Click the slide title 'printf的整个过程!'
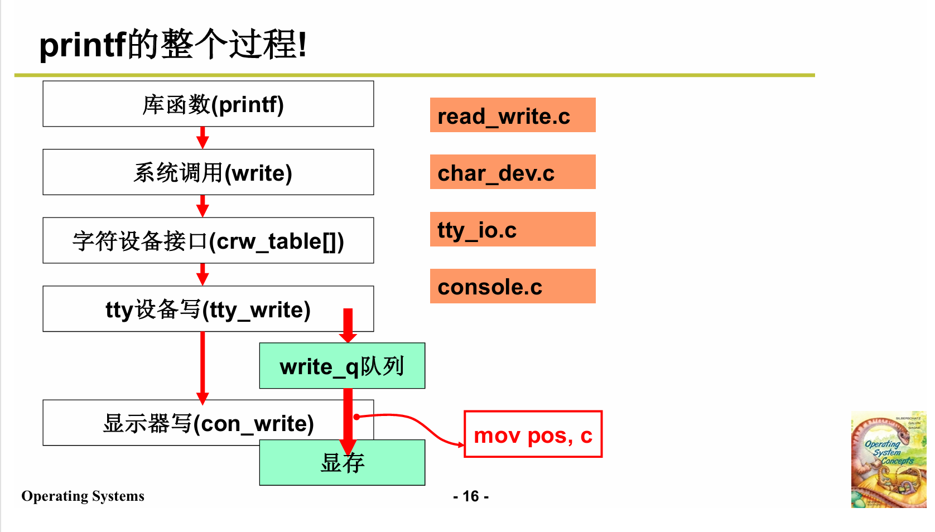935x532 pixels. (173, 45)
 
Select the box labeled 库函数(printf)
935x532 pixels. (208, 104)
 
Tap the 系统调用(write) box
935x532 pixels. (208, 172)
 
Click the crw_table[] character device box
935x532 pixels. (208, 241)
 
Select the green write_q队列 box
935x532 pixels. (342, 366)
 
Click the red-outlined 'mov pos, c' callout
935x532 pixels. (533, 435)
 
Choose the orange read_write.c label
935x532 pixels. (512, 115)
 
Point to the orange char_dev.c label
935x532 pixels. (512, 172)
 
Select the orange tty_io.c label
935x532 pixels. (512, 229)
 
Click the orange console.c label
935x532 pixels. (512, 287)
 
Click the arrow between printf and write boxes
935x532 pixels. (203, 138)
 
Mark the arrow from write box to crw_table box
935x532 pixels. (203, 206)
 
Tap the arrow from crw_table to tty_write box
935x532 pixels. (203, 274)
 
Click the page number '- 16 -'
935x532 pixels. (471, 496)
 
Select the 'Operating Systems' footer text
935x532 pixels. (83, 496)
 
